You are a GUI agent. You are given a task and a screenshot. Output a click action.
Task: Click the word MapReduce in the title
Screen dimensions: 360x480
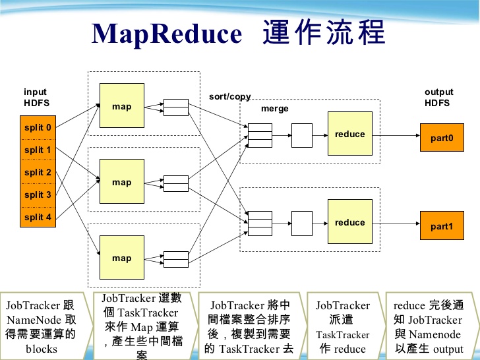[x=167, y=34]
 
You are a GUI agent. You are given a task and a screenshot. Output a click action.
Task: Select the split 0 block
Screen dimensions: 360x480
[x=38, y=128]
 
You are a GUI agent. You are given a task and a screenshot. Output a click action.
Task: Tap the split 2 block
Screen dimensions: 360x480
[x=38, y=173]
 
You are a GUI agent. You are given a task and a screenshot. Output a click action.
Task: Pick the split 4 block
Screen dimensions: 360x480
[x=38, y=218]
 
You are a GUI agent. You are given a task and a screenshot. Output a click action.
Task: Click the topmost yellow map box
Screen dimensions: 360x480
[x=121, y=106]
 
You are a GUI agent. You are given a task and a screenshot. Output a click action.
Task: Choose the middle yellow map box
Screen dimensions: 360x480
[x=121, y=183]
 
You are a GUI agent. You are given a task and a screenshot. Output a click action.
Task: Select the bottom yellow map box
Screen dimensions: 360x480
[x=121, y=258]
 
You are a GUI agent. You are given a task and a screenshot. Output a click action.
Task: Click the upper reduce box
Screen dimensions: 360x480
[x=349, y=135]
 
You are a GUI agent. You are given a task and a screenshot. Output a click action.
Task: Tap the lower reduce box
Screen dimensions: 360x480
[x=349, y=222]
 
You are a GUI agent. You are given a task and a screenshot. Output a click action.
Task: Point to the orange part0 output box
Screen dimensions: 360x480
[x=442, y=138]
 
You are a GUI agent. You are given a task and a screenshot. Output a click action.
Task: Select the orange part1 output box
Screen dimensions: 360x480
[x=442, y=226]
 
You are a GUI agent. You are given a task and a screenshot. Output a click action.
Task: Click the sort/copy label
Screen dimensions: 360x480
[x=229, y=97]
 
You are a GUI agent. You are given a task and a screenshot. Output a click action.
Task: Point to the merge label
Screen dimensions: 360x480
[x=275, y=109]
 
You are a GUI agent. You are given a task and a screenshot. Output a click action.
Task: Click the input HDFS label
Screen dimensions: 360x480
[x=36, y=98]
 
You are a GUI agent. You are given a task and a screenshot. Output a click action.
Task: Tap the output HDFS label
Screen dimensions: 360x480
[x=438, y=98]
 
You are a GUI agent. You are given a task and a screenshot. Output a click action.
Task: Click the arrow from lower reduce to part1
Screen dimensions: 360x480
[x=396, y=223]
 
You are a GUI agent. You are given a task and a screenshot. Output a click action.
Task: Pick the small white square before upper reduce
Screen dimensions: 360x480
[x=302, y=135]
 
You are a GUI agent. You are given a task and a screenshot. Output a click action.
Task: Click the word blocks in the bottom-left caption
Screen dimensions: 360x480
[x=42, y=349]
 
